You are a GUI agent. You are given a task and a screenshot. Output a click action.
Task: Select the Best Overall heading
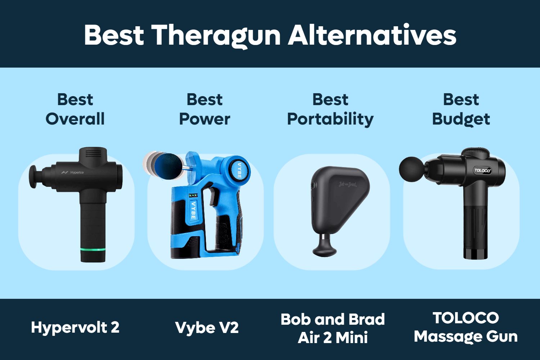(x=75, y=109)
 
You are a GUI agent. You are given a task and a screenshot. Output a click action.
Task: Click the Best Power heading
(x=204, y=109)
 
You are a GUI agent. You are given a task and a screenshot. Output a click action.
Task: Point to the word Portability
(x=330, y=119)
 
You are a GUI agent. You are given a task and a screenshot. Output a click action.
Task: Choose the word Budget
(x=461, y=119)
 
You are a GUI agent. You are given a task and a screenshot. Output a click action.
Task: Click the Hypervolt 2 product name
(x=75, y=328)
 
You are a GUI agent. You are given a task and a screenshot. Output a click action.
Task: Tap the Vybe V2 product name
(x=207, y=328)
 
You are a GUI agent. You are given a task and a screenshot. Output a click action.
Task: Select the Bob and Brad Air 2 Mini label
(x=333, y=328)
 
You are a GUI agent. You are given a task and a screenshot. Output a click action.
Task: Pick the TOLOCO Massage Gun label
(x=465, y=327)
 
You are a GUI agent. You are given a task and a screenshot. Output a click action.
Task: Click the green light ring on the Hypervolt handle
(x=93, y=249)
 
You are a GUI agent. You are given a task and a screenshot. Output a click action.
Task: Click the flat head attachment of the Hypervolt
(x=33, y=177)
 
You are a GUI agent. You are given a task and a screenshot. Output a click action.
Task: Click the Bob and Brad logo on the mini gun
(x=347, y=185)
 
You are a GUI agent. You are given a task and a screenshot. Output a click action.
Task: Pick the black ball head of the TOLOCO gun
(x=411, y=168)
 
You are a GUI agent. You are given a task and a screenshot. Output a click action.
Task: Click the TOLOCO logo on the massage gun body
(x=482, y=171)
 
